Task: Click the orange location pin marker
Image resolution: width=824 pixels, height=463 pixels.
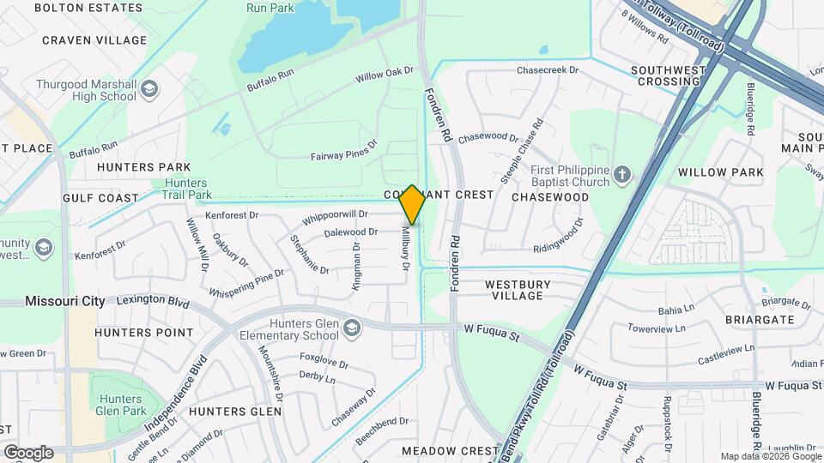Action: [x=412, y=205]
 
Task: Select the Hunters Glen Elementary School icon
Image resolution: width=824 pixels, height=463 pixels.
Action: [x=352, y=328]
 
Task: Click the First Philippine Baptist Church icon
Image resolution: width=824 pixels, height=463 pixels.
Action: [x=623, y=177]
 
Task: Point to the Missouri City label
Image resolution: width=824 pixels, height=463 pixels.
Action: [x=65, y=301]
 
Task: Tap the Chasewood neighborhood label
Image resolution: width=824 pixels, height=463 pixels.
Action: [x=550, y=197]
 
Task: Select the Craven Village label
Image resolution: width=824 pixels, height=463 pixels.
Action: [x=94, y=40]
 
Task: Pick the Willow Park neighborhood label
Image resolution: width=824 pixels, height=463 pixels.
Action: [x=720, y=172]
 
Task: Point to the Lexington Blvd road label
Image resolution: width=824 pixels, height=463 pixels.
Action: [x=153, y=302]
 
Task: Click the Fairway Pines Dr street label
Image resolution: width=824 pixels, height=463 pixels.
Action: [x=344, y=153]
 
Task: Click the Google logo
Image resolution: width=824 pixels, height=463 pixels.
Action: [x=28, y=452]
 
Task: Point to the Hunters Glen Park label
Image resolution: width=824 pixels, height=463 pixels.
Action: [x=126, y=405]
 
